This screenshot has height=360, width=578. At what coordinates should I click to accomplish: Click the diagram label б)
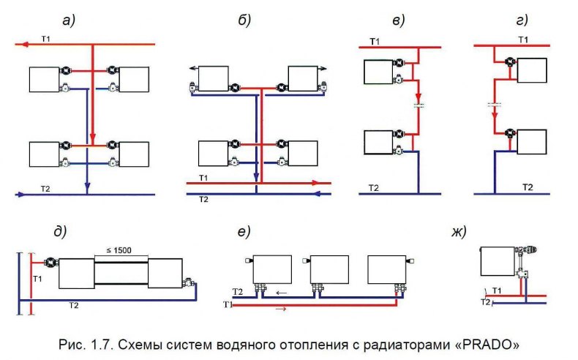(x=245, y=20)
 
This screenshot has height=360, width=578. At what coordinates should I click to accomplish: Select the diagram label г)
(x=522, y=20)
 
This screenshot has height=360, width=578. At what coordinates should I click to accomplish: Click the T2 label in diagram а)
(x=45, y=187)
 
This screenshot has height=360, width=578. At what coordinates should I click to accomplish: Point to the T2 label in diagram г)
(x=527, y=187)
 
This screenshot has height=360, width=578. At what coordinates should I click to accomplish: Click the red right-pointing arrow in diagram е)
(x=280, y=310)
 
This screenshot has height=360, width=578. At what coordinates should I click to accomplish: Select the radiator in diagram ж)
(x=497, y=262)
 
